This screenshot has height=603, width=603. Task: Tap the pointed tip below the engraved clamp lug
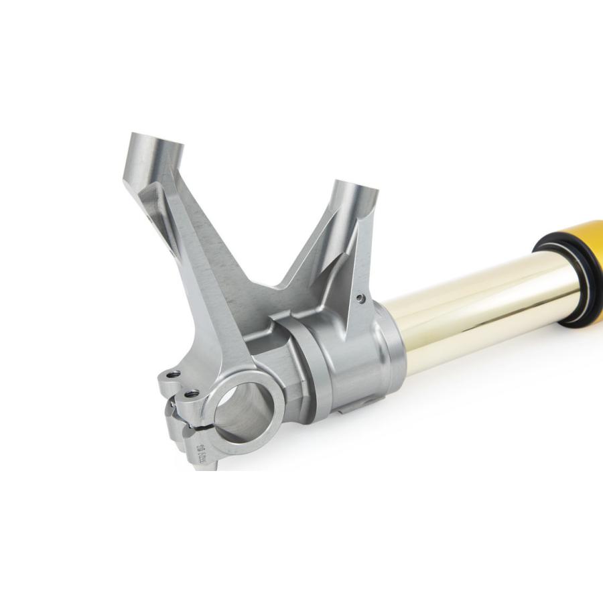[x=199, y=466]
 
